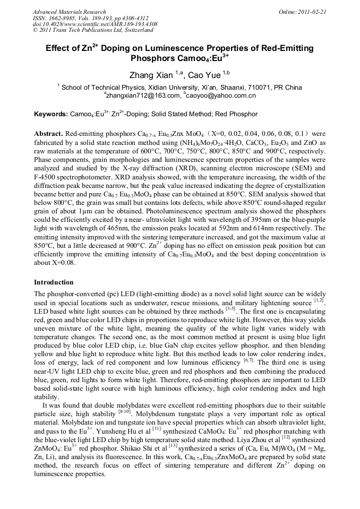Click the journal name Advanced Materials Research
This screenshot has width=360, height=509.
point(69,12)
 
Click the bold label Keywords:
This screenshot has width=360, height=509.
point(51,114)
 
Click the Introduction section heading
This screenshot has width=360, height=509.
point(54,282)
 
